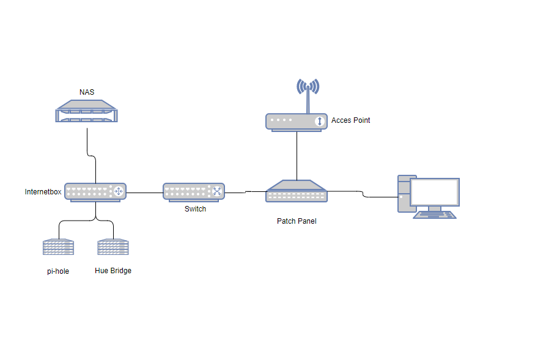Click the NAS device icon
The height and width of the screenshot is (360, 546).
[86, 114]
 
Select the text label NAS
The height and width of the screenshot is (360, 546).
[87, 92]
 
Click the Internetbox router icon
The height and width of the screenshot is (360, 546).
[95, 192]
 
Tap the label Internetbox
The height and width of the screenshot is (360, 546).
[43, 192]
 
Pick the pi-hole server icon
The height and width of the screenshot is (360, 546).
[58, 248]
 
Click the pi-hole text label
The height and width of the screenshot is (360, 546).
[58, 271]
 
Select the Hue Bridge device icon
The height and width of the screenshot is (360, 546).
[113, 248]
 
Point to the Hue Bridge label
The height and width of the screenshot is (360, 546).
[113, 271]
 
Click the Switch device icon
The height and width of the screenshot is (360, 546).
[194, 192]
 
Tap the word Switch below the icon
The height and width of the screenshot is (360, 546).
[195, 209]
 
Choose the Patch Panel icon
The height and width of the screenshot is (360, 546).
[297, 191]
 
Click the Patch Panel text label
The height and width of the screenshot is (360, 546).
[297, 221]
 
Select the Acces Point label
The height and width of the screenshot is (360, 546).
[350, 120]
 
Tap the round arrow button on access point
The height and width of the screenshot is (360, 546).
[319, 122]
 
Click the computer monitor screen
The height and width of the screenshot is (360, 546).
[435, 192]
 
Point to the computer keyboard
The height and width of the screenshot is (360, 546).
[435, 215]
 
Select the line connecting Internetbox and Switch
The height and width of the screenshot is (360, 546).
[144, 193]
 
